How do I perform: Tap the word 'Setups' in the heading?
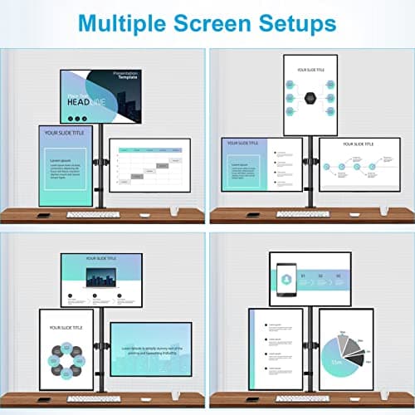coord(297,22)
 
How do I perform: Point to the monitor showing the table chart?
coord(149,164)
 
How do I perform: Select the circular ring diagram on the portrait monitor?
coord(66,359)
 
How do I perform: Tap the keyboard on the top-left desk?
coord(93,214)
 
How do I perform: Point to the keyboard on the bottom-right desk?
coord(302,398)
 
